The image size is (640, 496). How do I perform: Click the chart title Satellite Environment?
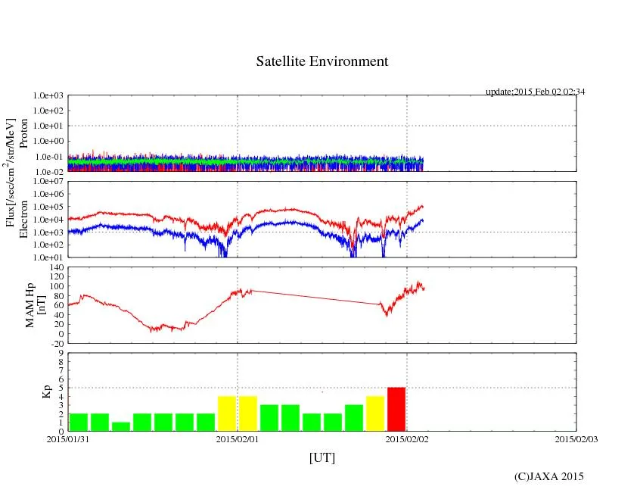click(322, 61)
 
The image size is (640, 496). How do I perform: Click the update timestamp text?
click(535, 92)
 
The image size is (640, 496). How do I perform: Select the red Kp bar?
click(396, 409)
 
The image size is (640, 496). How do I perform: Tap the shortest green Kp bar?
click(120, 426)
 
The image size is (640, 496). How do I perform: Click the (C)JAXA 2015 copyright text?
click(548, 476)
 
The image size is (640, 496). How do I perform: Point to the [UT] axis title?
click(322, 457)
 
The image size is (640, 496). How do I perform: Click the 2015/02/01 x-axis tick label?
click(238, 438)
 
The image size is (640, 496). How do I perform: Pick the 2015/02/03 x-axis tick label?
click(576, 438)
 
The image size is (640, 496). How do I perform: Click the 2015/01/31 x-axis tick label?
click(68, 438)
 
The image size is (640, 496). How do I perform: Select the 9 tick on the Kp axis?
click(60, 353)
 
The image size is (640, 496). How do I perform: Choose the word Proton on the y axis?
click(23, 133)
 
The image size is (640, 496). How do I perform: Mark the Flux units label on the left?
click(11, 172)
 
